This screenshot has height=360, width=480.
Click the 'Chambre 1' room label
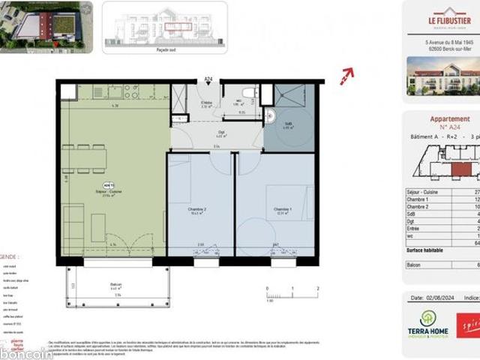(282, 210)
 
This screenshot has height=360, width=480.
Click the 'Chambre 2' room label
(198, 210)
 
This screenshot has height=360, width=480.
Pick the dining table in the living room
(85, 157)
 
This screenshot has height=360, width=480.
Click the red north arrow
(346, 74)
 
